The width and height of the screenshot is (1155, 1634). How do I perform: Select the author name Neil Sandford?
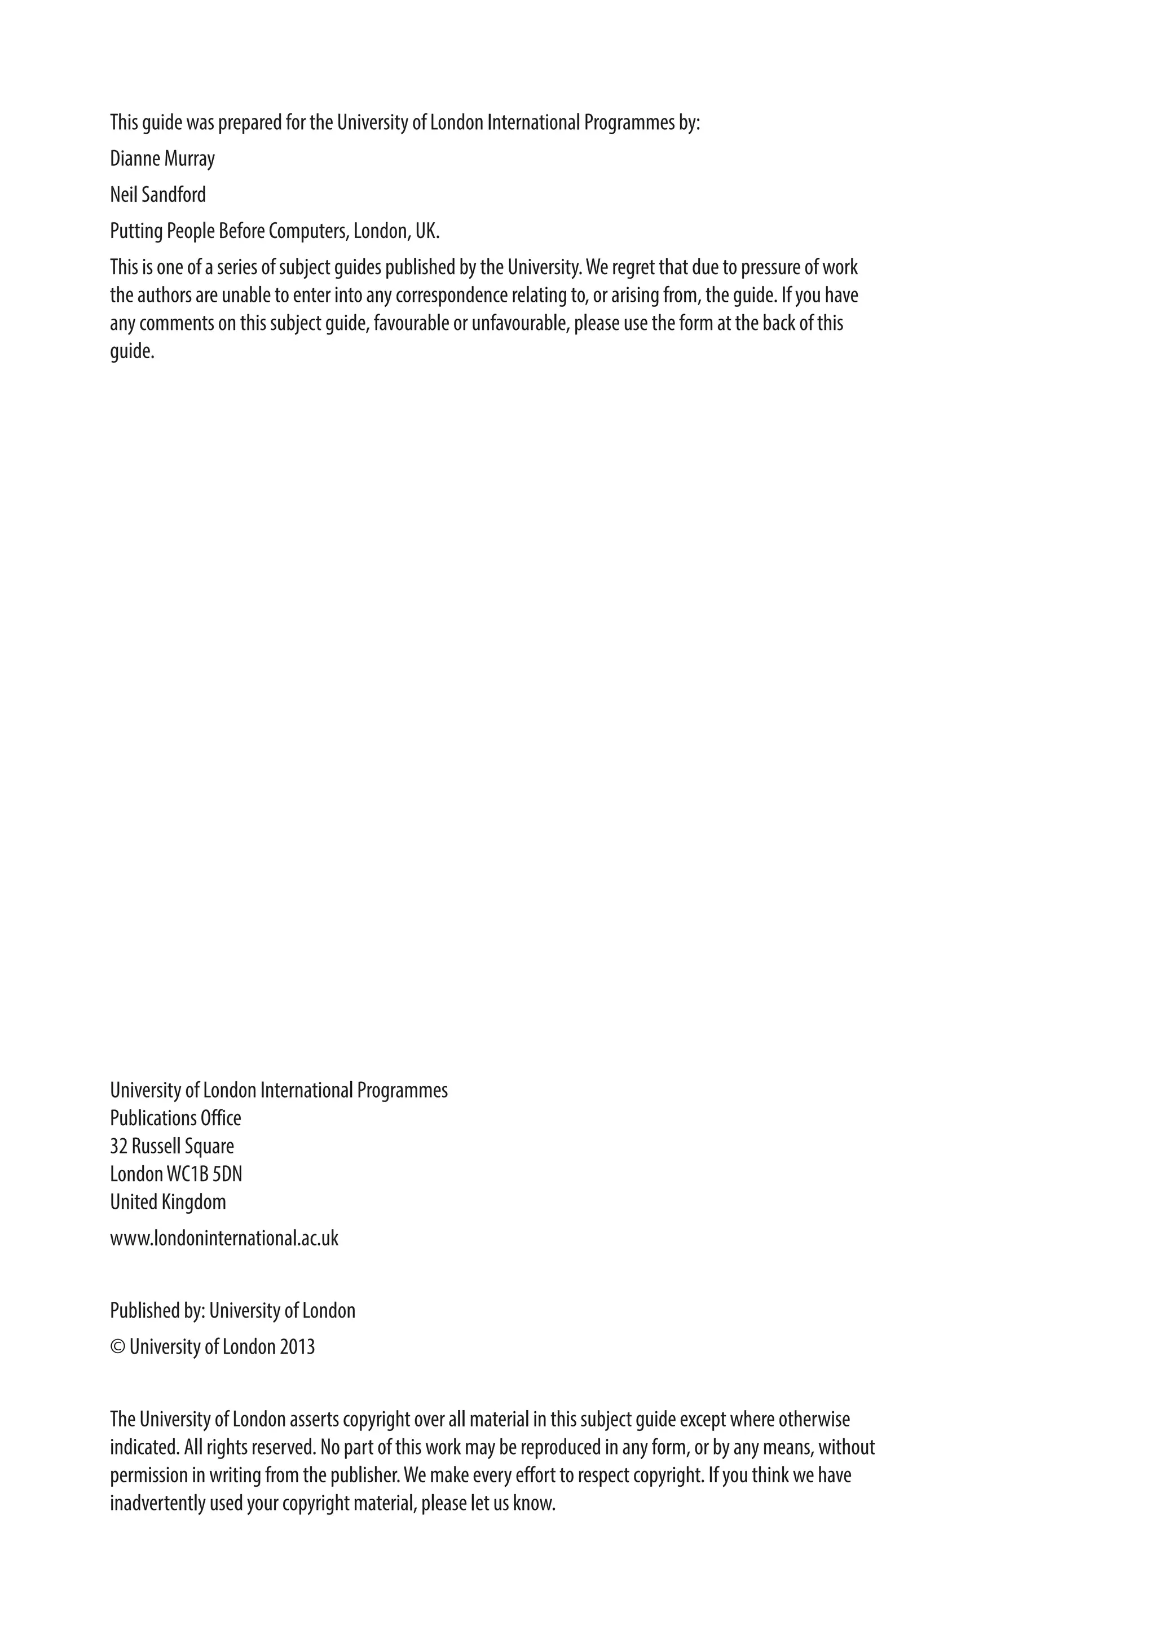tap(158, 195)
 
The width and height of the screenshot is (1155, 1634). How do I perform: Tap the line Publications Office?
tap(175, 1118)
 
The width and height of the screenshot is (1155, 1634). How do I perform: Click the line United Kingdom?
tap(168, 1202)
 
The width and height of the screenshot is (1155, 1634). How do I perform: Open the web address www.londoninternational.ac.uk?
tap(224, 1238)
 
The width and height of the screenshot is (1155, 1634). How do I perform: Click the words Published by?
tap(157, 1311)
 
